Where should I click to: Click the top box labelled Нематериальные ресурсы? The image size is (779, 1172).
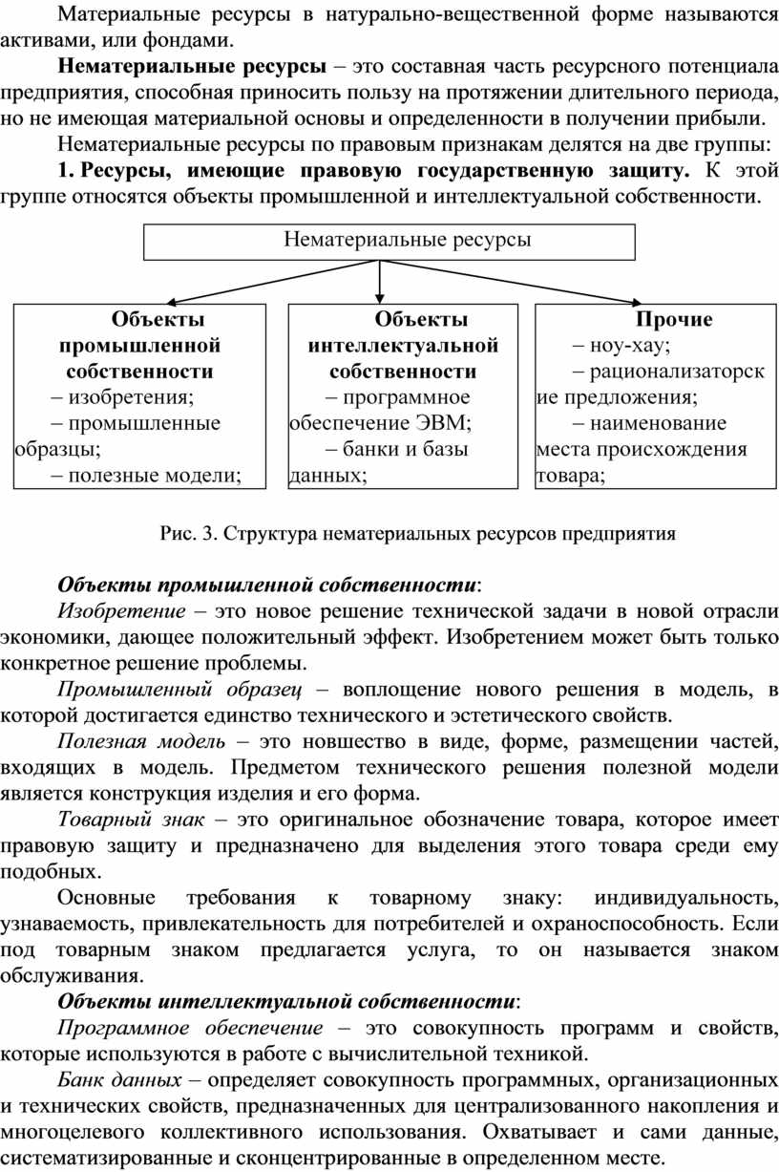pyautogui.click(x=389, y=240)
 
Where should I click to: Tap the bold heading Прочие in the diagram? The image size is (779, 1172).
pyautogui.click(x=674, y=319)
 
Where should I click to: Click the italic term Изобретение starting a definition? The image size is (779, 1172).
pyautogui.click(x=121, y=610)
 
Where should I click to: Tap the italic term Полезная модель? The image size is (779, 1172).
pyautogui.click(x=141, y=741)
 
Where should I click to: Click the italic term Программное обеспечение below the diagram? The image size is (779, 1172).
pyautogui.click(x=190, y=1027)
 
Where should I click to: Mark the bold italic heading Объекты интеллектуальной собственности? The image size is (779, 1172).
pyautogui.click(x=286, y=1001)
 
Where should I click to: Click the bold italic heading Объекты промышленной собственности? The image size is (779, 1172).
pyautogui.click(x=267, y=584)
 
